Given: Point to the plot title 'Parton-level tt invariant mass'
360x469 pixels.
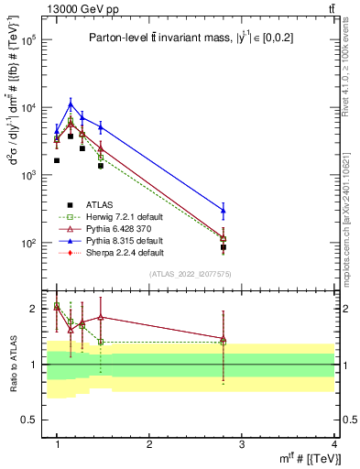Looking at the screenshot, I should (184, 38).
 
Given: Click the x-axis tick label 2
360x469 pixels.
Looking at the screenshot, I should (149, 445).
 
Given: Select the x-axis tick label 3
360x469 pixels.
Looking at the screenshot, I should (242, 445).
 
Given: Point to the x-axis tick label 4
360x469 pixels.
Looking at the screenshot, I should (333, 445).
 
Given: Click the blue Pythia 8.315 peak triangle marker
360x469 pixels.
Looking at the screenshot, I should (71, 104).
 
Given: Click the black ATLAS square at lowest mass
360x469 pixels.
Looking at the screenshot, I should (57, 160).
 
